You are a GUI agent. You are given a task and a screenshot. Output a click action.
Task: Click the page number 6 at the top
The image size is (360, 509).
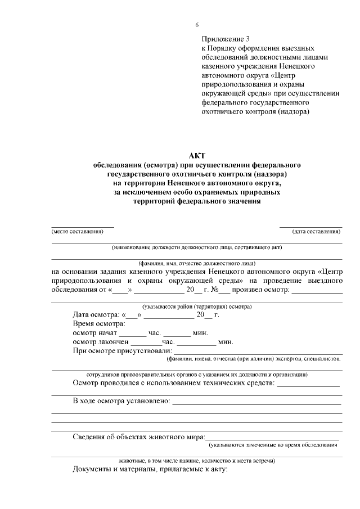click(197, 25)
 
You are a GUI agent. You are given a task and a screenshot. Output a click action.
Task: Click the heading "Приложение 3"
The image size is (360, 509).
click(223, 39)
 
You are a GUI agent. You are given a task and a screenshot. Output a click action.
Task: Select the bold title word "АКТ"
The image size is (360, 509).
click(197, 156)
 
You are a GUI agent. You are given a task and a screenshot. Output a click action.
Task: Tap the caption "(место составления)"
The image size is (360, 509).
click(78, 231)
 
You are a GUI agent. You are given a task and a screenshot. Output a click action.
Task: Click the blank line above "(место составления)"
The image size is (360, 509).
click(83, 226)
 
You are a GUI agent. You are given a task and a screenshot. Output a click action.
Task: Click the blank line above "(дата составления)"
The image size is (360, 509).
click(310, 226)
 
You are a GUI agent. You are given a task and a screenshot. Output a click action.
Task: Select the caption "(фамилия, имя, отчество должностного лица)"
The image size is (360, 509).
click(197, 263)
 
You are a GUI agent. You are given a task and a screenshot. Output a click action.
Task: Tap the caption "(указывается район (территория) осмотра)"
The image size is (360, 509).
click(197, 307)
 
